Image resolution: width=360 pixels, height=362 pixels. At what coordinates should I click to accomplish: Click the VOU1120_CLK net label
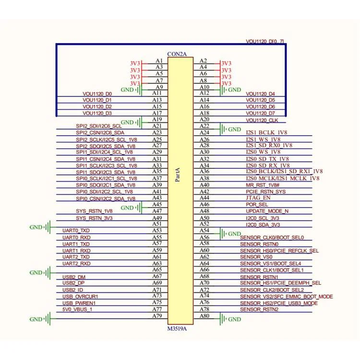point(262,120)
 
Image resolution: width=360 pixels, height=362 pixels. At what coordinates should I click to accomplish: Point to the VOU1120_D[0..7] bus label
point(265,41)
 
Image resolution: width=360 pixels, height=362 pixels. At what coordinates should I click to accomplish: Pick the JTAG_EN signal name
point(258,198)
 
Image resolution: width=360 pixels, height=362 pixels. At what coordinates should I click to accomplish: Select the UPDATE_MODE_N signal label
point(267,211)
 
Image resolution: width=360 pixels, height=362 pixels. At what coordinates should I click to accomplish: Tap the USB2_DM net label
point(74,277)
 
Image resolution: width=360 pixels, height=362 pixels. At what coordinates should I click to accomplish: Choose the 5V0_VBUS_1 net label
point(77,309)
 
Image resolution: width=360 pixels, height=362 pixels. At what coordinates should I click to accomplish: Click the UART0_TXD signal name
point(76,231)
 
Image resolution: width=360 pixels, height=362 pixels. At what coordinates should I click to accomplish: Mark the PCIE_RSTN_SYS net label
point(265,191)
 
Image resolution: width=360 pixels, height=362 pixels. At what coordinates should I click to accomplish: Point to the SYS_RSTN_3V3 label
point(94,218)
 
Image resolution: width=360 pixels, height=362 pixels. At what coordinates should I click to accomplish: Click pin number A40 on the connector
point(204,185)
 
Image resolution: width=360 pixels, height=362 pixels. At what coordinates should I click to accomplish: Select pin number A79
point(157,315)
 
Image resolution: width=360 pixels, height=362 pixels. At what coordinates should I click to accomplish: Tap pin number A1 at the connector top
point(159,60)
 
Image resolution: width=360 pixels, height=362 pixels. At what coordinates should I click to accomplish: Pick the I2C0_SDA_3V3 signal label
point(263,224)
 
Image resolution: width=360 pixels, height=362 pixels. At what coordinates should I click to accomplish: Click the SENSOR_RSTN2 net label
point(259,309)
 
